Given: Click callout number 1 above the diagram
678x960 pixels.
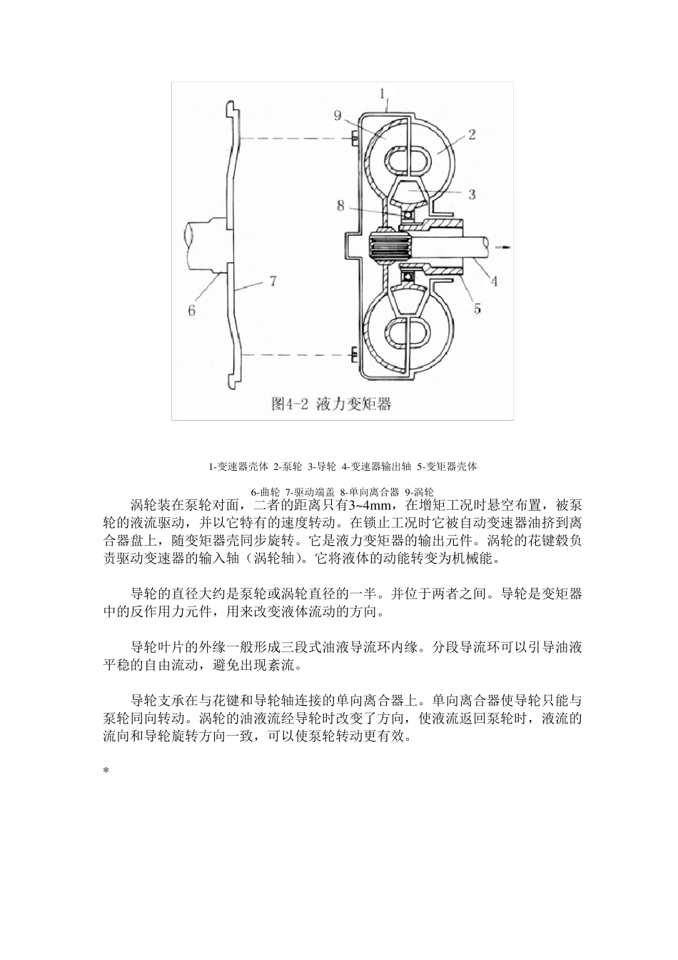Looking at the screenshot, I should (383, 93).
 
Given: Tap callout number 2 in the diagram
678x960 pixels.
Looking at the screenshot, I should (472, 133).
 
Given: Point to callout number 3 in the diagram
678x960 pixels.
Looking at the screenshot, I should (472, 194).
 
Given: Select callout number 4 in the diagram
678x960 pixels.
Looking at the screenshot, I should (494, 282).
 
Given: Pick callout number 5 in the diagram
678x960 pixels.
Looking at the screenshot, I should (477, 309).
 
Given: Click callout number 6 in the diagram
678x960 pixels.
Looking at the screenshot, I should (191, 310).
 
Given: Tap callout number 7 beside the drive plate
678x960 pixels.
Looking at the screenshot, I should (271, 282).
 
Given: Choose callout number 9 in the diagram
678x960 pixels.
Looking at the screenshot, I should (338, 115).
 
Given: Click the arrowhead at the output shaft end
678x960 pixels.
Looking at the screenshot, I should (507, 246).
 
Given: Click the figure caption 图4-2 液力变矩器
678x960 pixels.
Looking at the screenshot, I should (332, 404).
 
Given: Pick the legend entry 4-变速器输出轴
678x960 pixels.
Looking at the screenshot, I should (376, 467).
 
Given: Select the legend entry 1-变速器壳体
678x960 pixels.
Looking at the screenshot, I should (238, 467).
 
